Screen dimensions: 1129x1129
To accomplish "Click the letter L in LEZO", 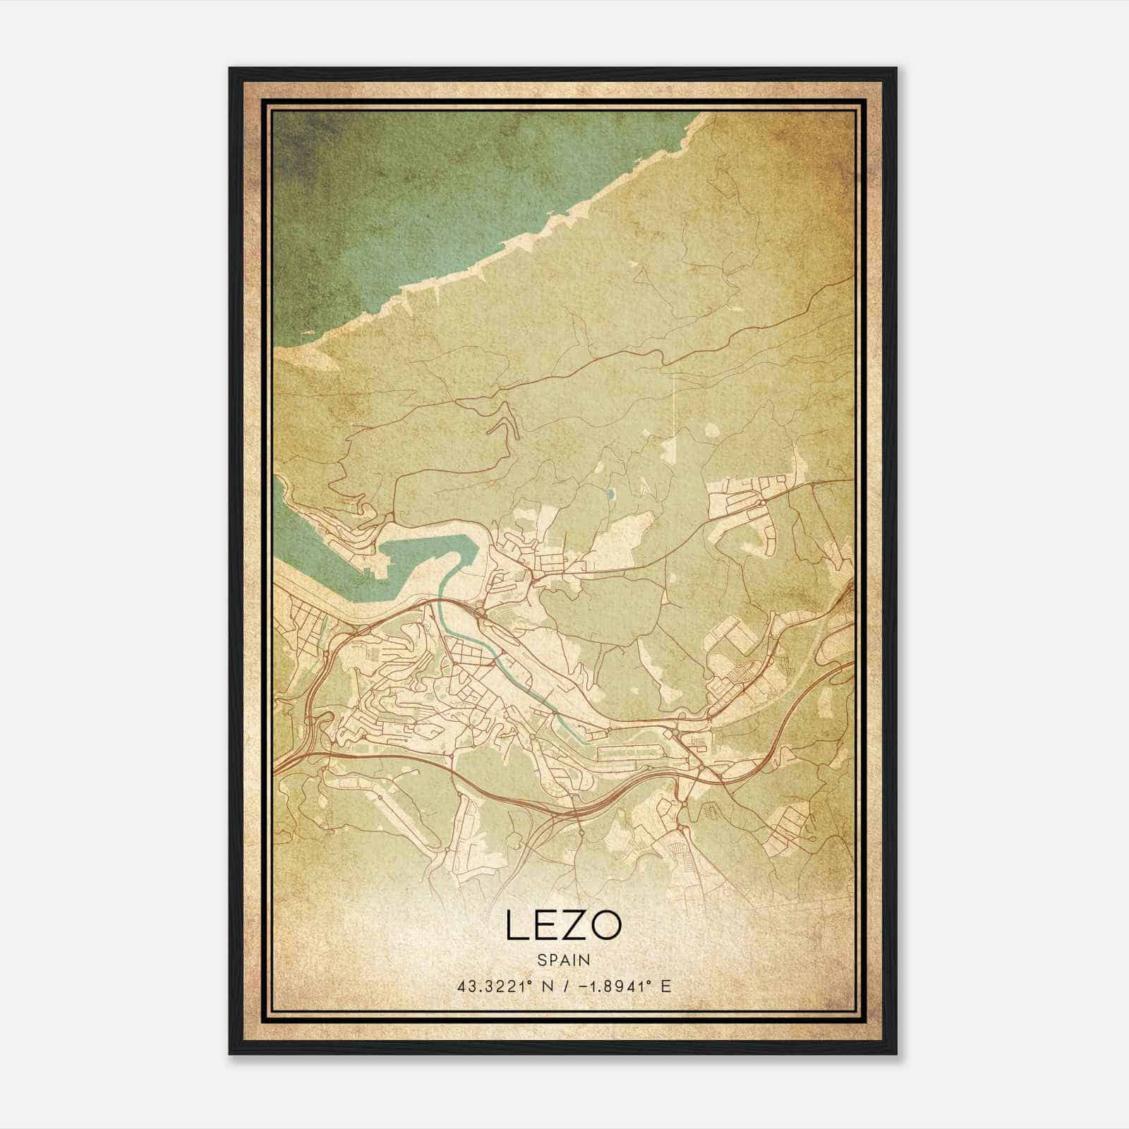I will pyautogui.click(x=516, y=926).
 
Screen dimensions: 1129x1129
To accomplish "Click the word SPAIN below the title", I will pyautogui.click(x=563, y=960).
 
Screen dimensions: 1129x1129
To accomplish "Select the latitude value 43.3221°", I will pyautogui.click(x=493, y=986).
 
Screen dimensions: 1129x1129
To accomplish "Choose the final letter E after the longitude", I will pyautogui.click(x=666, y=986).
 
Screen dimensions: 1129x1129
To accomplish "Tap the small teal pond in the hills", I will pyautogui.click(x=611, y=495).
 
